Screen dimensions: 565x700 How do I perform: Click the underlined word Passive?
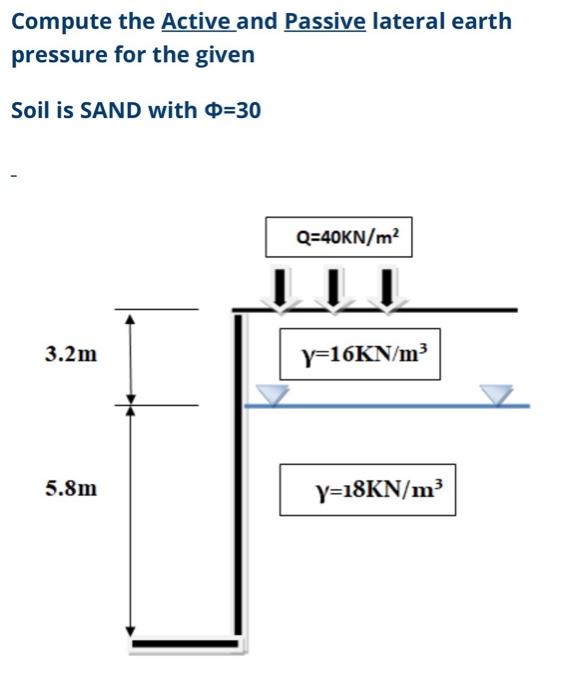point(325,21)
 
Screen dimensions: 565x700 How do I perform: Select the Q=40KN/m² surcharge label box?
point(339,237)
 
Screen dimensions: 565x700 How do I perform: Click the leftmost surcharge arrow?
point(280,289)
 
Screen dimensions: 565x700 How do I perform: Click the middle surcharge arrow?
point(333,289)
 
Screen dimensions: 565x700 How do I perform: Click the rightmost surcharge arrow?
point(388,289)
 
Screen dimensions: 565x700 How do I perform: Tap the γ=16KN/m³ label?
point(360,354)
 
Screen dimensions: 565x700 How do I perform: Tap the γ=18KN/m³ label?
point(368,490)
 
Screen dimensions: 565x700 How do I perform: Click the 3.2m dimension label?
point(71,354)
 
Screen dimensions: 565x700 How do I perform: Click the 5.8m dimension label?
point(71,488)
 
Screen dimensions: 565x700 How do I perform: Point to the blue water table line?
point(387,406)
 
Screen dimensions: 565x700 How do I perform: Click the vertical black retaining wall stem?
point(238,475)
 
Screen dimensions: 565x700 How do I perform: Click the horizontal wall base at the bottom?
point(185,644)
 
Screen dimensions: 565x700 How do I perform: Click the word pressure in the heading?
point(59,55)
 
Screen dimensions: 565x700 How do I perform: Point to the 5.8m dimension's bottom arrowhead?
point(130,631)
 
